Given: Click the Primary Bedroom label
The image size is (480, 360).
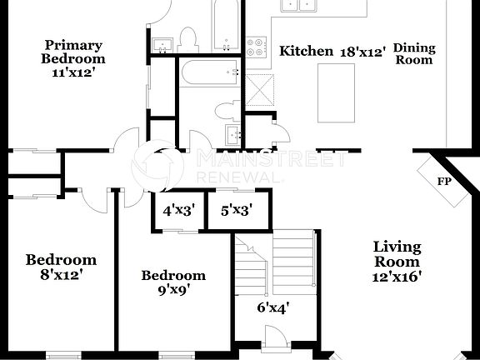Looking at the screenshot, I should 74,52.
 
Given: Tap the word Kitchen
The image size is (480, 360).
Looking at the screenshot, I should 306,52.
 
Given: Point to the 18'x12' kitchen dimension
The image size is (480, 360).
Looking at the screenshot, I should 362,52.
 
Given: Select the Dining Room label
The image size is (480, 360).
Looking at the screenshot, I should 414,54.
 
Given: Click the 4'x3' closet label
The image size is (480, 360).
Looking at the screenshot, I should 177,211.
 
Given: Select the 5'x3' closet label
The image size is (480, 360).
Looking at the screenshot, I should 236,211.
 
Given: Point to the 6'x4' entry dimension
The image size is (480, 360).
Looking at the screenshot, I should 272,307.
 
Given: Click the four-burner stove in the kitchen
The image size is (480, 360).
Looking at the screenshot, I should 256,47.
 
